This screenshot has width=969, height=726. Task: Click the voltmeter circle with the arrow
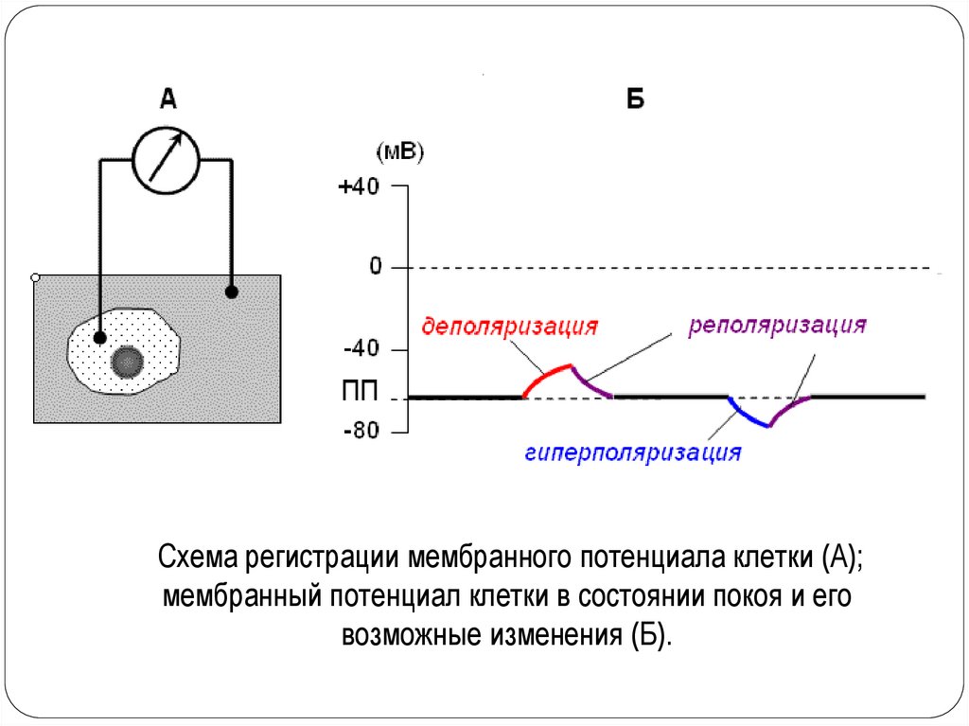point(166,160)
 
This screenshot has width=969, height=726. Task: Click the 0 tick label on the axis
point(375,267)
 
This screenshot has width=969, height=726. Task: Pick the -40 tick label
point(361,349)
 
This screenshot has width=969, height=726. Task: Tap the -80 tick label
point(361,432)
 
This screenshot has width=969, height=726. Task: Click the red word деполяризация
point(510,327)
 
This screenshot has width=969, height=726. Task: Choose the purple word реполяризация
point(778,326)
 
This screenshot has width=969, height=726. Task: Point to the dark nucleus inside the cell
point(127,361)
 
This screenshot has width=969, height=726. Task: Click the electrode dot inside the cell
point(99,337)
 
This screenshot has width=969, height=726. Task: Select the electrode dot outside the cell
point(232,292)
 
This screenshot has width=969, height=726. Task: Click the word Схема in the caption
point(199,558)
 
